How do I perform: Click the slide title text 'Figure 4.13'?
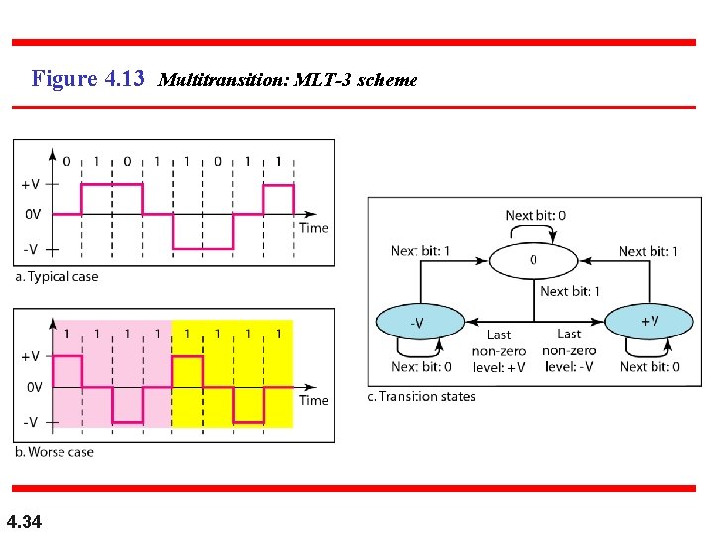pos(88,78)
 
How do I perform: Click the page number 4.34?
pos(24,521)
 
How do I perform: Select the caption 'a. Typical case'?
pos(57,276)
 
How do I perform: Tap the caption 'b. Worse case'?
pos(55,452)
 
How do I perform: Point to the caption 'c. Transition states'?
pos(421,397)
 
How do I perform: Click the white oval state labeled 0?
pos(534,260)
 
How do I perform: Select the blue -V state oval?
pos(418,322)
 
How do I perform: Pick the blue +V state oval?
pos(649,321)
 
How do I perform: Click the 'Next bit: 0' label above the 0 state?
pos(535,215)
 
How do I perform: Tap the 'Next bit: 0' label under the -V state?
pos(420,366)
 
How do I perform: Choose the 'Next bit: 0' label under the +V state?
pos(650,366)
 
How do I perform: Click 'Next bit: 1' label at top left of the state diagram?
pos(419,251)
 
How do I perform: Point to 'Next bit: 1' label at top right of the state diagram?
pos(649,251)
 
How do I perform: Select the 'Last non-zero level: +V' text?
pos(499,351)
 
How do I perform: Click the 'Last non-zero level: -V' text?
pos(569,351)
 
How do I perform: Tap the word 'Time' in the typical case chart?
pos(313,228)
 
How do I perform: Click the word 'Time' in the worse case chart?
pos(313,400)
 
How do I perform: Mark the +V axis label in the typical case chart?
pos(30,184)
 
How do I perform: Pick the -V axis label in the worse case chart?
pos(30,422)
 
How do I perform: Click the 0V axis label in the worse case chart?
pos(33,387)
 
